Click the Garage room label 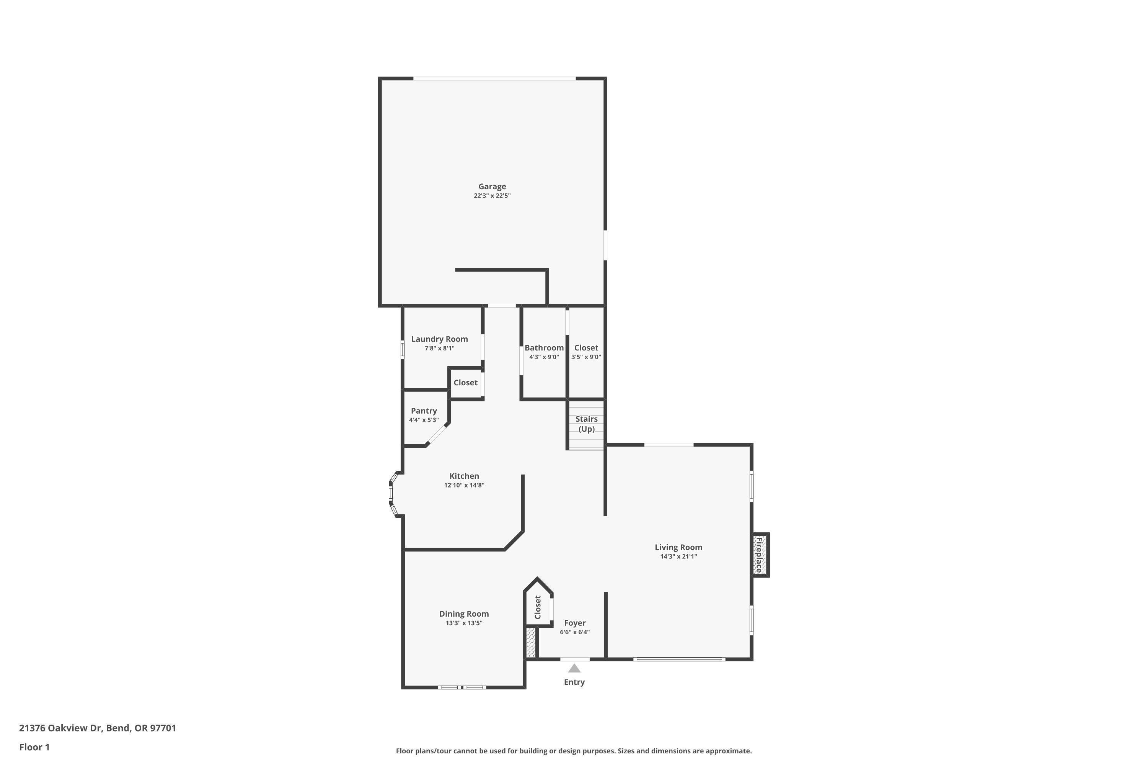pos(492,186)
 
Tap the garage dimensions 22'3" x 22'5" pos(492,196)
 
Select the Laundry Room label pos(439,339)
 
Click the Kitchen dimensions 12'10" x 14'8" pos(464,485)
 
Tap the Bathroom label pos(544,348)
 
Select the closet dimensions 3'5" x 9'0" pos(586,357)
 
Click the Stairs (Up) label pos(586,424)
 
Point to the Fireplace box pos(760,555)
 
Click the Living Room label pos(678,547)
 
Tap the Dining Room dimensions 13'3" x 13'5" pos(464,623)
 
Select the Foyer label pos(574,623)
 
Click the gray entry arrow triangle pos(574,668)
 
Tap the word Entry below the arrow pos(574,682)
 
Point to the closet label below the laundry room pos(465,383)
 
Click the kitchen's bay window pos(391,493)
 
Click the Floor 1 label pos(34,747)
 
